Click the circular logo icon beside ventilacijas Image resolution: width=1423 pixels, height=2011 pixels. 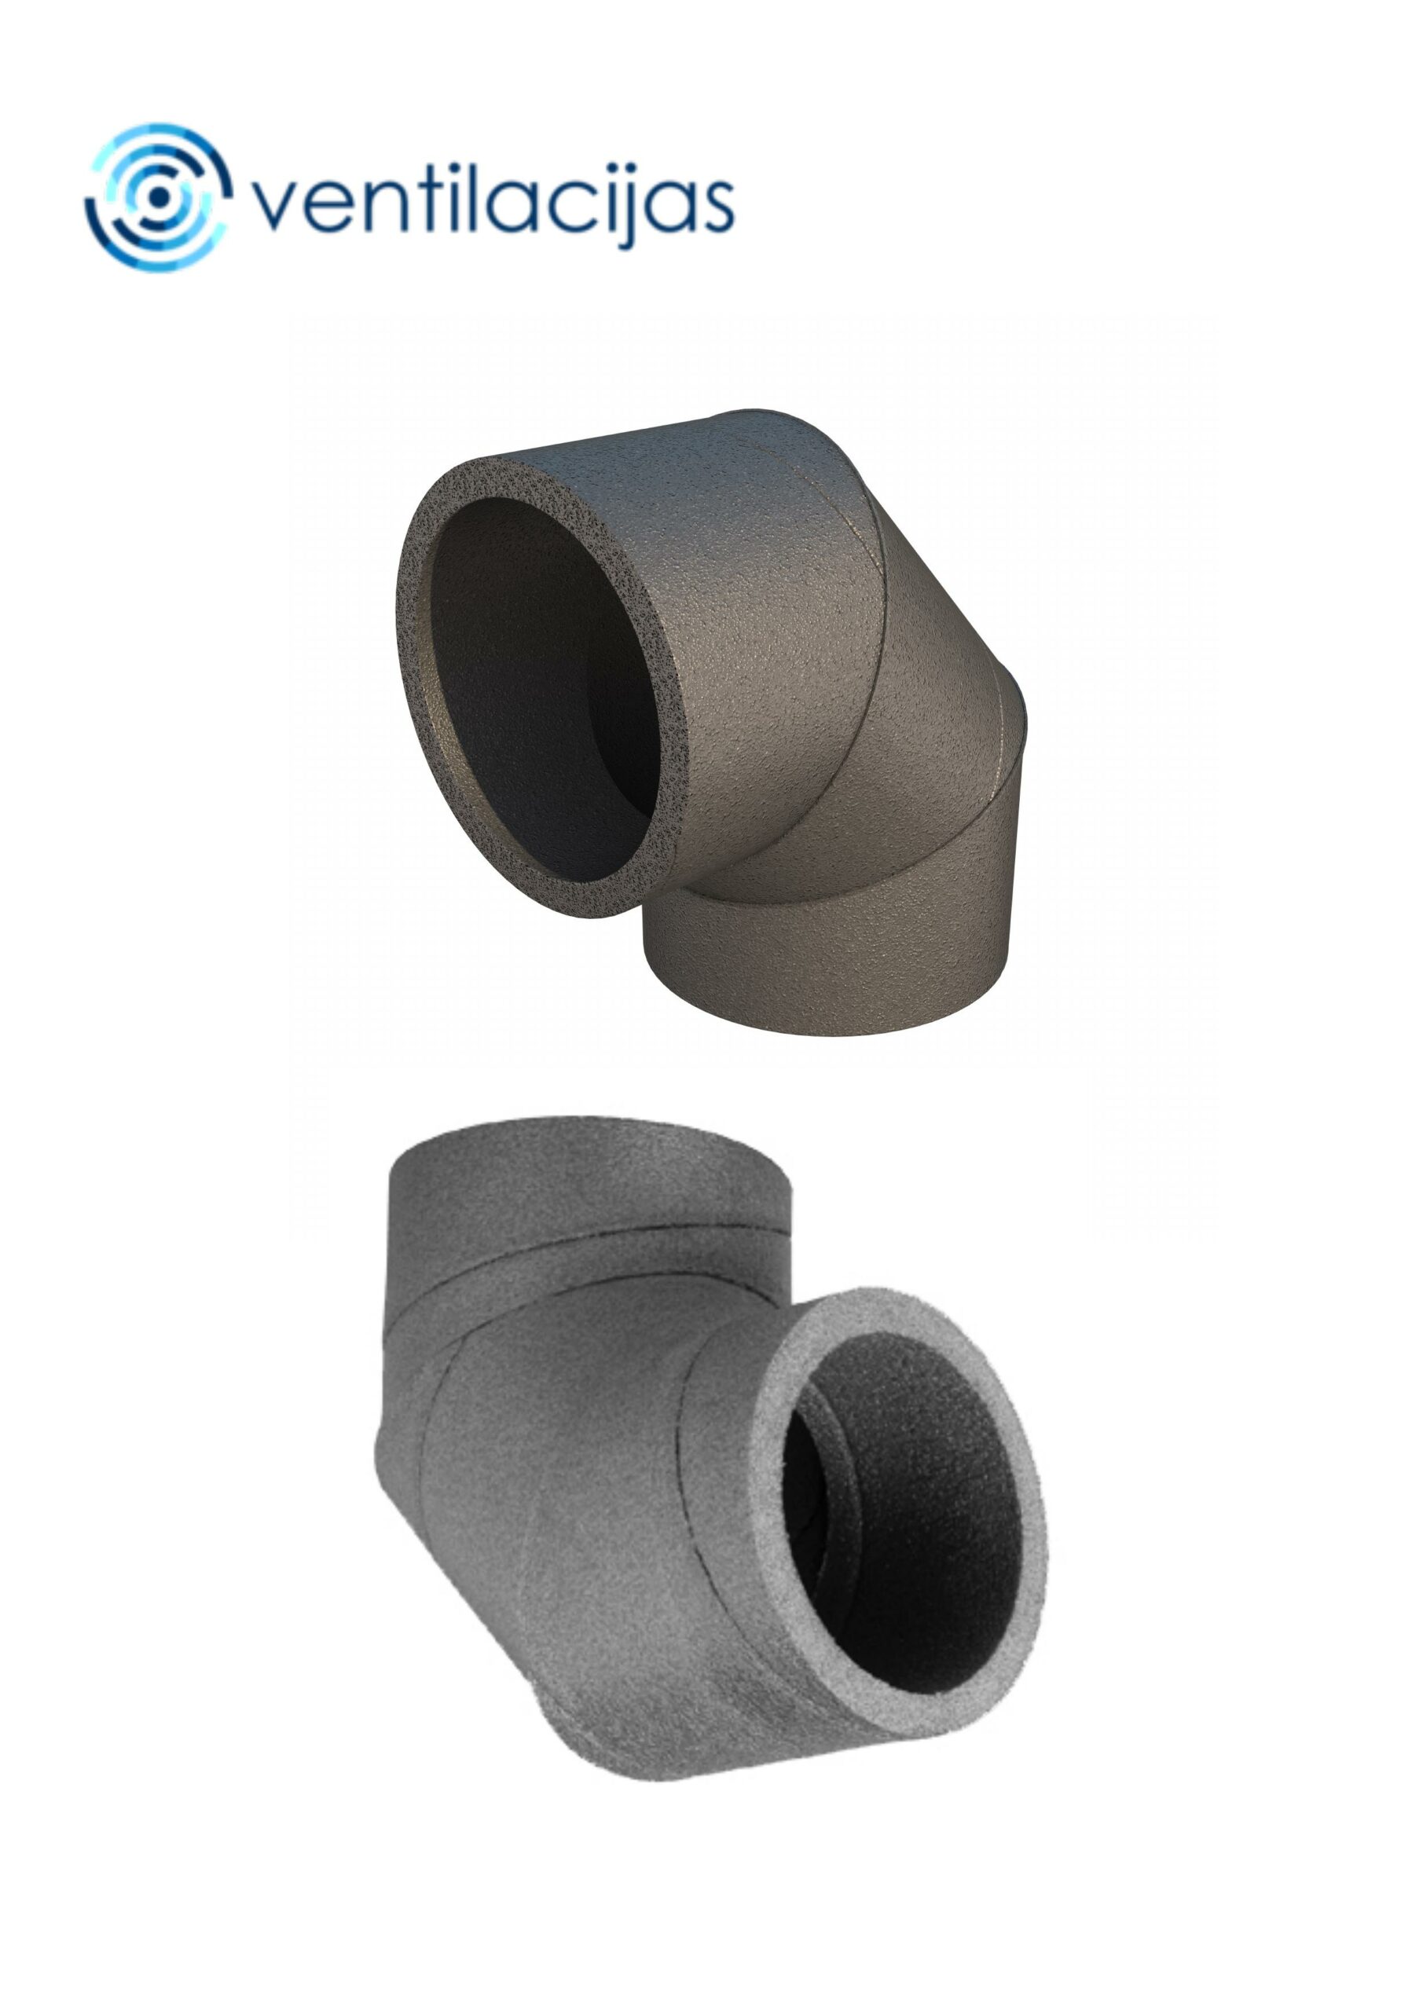(x=159, y=197)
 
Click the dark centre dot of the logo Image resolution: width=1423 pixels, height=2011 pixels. (x=159, y=197)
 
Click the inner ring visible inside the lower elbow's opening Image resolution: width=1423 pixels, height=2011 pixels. (x=811, y=1507)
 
